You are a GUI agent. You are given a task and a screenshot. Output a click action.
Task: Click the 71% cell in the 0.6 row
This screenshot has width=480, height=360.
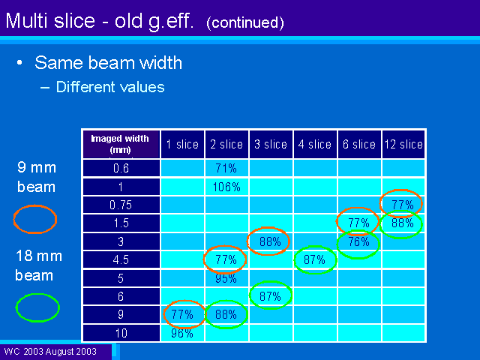click(226, 168)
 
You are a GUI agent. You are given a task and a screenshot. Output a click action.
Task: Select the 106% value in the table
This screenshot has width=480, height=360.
click(226, 187)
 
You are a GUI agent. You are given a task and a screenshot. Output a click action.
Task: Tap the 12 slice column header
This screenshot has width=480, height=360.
click(403, 144)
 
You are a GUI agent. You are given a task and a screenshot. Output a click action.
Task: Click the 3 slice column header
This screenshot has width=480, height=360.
click(271, 144)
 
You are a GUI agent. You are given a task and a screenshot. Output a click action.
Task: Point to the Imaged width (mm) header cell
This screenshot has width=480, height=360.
click(120, 144)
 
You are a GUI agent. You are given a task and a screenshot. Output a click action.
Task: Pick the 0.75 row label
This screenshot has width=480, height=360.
click(121, 205)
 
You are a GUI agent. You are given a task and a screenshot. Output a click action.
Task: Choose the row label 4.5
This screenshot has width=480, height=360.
click(121, 259)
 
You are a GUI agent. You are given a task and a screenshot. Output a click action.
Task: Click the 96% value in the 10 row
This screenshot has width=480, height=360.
click(182, 333)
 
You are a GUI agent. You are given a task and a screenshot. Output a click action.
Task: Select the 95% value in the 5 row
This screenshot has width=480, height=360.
click(226, 278)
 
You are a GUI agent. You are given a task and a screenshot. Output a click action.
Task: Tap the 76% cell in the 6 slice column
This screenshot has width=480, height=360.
click(358, 241)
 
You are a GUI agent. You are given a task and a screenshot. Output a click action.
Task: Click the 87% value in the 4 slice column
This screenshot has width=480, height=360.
click(314, 260)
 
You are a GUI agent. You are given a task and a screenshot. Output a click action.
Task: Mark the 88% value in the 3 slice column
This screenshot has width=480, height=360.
click(270, 241)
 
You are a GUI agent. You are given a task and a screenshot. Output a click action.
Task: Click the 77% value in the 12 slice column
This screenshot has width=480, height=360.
click(403, 205)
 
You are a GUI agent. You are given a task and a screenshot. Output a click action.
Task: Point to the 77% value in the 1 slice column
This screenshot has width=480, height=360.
click(182, 314)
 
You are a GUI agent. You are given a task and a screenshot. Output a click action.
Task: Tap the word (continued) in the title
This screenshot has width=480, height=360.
click(245, 22)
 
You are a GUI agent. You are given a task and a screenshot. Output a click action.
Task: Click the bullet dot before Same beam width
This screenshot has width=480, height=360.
click(19, 63)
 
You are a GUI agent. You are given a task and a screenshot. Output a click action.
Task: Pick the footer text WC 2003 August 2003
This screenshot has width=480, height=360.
click(50, 351)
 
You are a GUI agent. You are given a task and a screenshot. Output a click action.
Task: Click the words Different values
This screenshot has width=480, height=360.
click(110, 87)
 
